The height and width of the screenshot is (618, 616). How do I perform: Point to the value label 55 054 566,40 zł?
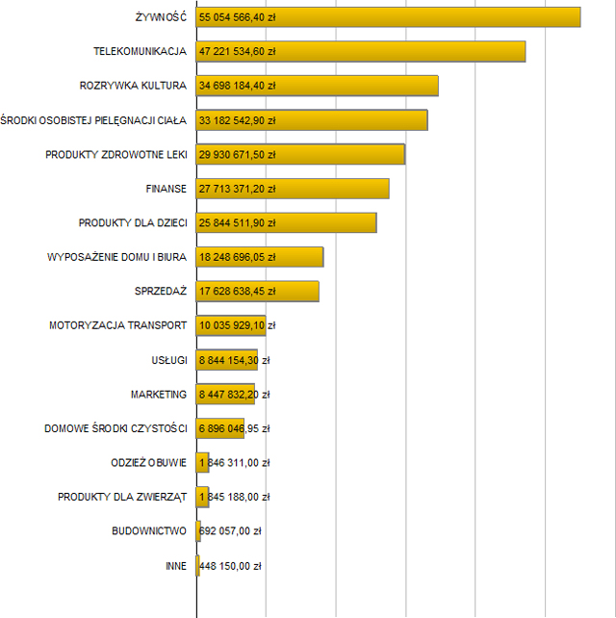tap(237, 17)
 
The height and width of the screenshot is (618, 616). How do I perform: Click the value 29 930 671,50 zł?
tap(237, 154)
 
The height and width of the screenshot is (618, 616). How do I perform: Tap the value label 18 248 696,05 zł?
tap(237, 257)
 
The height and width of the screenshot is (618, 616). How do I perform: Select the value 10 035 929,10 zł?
tap(237, 325)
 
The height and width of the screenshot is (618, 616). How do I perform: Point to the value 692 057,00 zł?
tap(230, 530)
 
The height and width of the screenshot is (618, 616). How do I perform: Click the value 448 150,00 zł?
tap(230, 565)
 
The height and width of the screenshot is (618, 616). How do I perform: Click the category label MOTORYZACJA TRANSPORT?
tap(117, 325)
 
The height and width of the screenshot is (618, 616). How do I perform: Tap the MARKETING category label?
tap(159, 394)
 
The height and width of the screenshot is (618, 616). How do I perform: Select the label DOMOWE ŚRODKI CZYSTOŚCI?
tap(115, 428)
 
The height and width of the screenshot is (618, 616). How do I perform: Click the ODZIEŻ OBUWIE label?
tap(149, 462)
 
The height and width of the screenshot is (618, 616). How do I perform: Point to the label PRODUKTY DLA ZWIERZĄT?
tap(122, 497)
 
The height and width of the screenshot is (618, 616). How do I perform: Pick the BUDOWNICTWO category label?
tap(149, 530)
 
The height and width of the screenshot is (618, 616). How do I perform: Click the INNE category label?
tap(176, 565)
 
